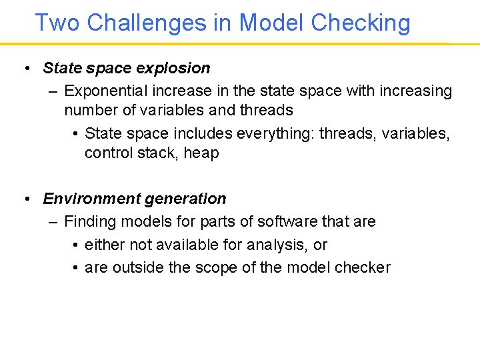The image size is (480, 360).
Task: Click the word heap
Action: click(201, 153)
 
